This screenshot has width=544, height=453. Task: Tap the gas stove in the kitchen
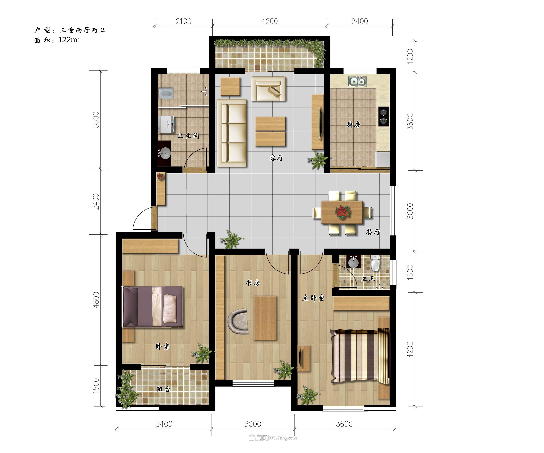383,117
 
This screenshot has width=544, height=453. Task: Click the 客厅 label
276,158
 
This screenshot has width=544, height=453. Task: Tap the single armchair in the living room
268,89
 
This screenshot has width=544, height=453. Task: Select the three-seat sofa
231,133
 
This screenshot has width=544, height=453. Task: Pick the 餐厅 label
373,232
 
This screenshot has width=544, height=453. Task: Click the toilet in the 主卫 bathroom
375,263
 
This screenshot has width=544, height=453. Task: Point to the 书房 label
253,283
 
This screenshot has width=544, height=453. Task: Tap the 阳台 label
163,389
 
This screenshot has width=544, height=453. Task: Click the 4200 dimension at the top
269,21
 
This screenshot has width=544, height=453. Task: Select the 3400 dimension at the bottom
164,424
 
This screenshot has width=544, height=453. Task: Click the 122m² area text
69,40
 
